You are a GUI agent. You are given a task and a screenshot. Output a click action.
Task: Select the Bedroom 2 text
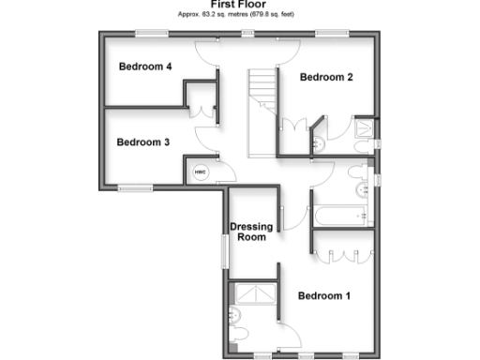(x=325, y=78)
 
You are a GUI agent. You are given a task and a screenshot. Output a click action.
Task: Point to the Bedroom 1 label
(x=323, y=296)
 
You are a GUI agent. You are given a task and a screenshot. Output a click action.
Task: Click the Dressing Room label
(x=251, y=232)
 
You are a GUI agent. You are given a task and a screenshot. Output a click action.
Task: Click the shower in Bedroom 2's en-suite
(x=365, y=131)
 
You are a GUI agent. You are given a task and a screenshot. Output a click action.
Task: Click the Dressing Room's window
(x=223, y=250)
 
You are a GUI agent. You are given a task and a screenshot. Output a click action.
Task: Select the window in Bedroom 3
(x=135, y=188)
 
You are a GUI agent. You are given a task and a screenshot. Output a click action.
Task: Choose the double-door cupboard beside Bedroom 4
(x=202, y=106)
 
